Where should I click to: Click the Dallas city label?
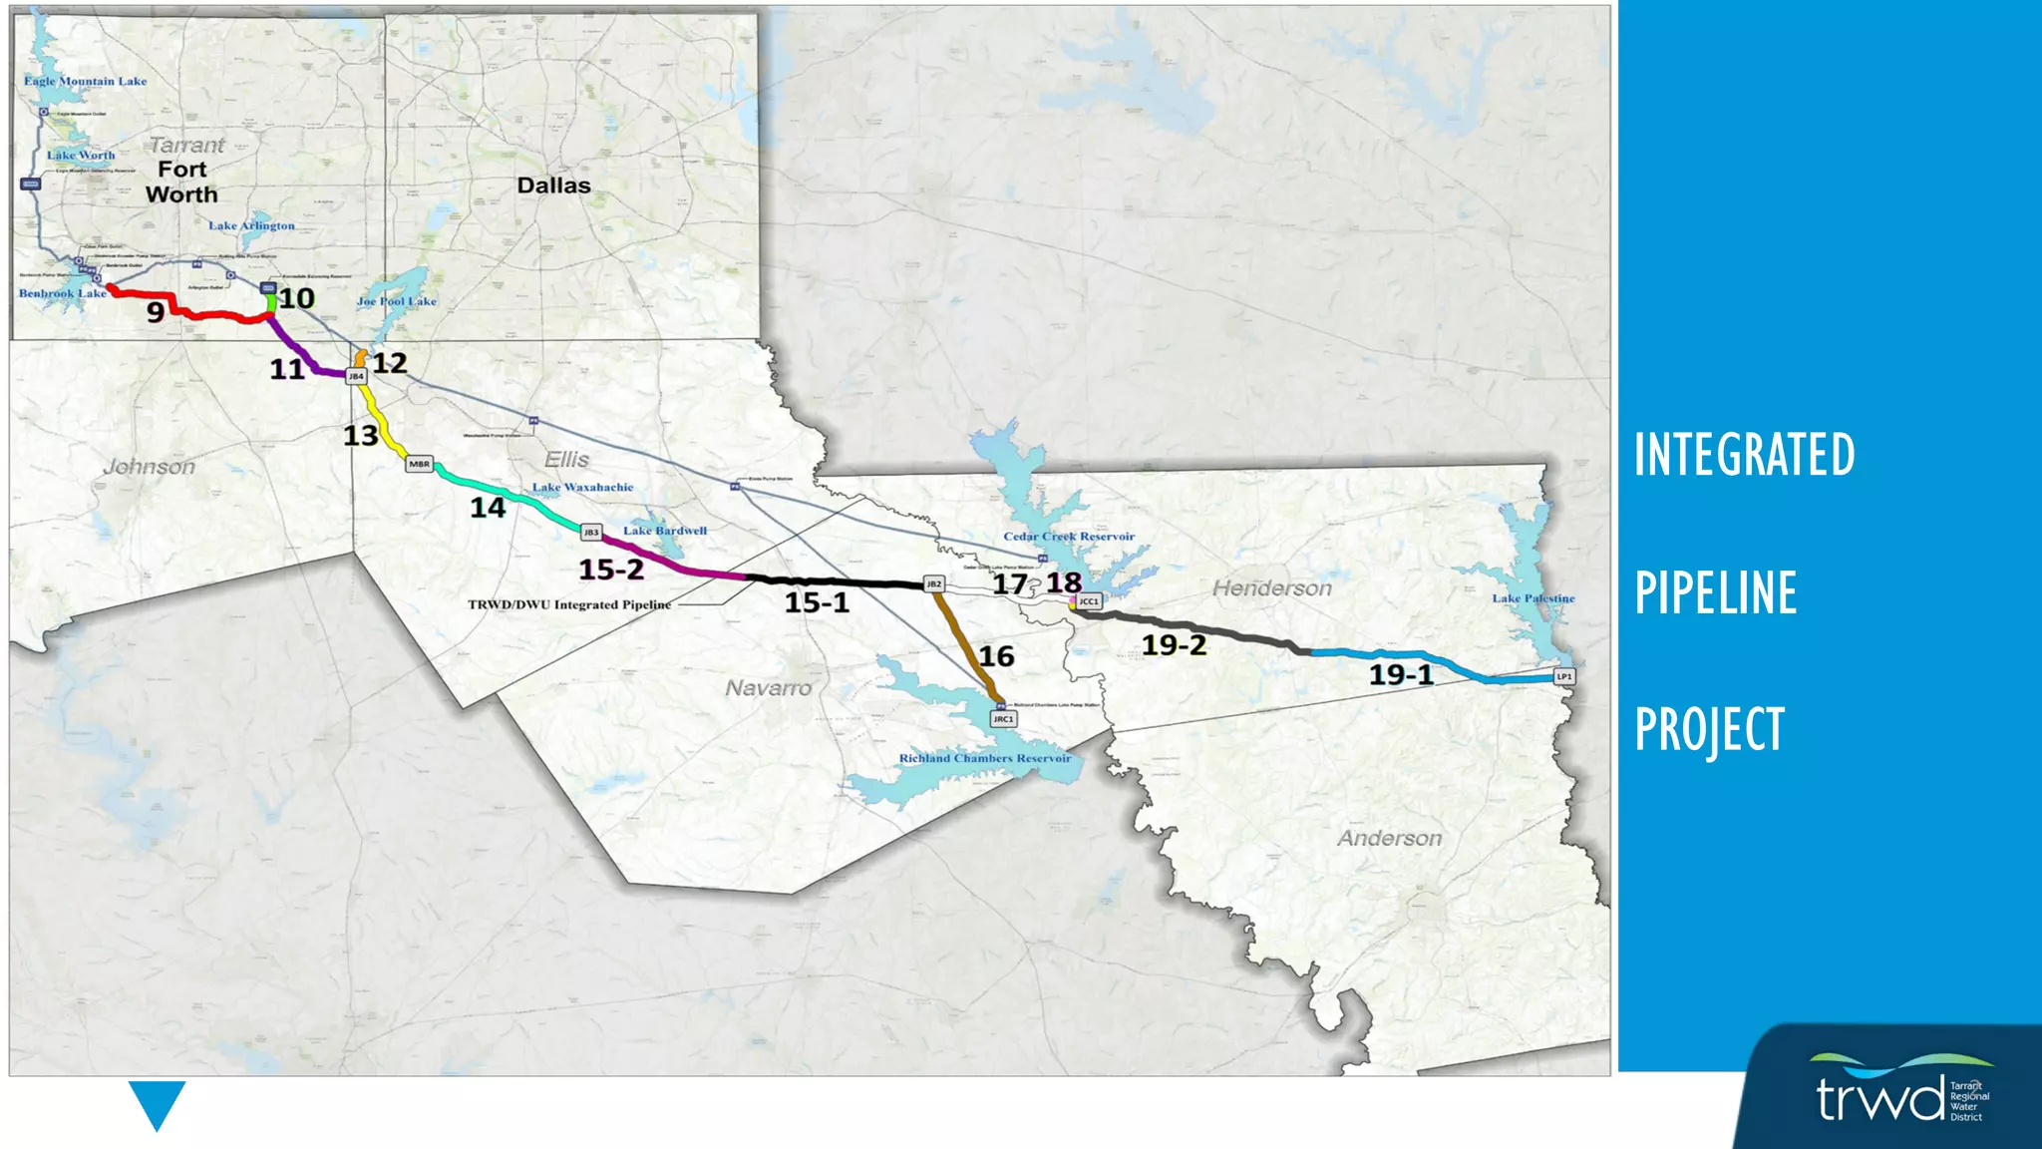point(553,186)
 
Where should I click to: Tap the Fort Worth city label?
point(181,183)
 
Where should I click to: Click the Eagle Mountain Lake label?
point(86,82)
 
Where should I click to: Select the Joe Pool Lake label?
point(397,301)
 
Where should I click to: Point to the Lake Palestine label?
point(1533,598)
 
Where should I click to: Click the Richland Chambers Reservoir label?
point(985,758)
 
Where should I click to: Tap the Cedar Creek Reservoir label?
point(1069,537)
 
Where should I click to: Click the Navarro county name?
point(768,688)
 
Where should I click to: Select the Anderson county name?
point(1389,839)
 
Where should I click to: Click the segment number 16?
point(996,656)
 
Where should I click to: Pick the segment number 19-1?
point(1401,675)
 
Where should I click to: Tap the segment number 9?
point(156,313)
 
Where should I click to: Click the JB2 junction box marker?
point(934,583)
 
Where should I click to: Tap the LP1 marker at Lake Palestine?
point(1564,676)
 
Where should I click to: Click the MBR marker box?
point(419,464)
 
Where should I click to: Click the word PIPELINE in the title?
point(1715,592)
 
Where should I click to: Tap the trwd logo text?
point(1879,1098)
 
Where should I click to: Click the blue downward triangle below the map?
point(157,1102)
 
